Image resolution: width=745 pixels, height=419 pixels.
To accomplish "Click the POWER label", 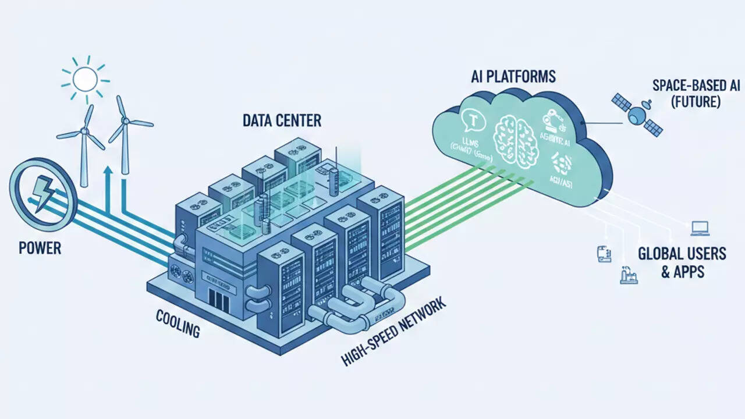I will pos(40,248).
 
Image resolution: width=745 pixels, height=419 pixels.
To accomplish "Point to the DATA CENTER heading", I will pos(282,120).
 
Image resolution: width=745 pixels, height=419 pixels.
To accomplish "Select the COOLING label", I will pos(178,324).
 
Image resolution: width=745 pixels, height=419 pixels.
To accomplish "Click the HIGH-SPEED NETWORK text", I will pos(393,331).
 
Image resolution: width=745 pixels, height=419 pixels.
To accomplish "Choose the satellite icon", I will pos(637,113).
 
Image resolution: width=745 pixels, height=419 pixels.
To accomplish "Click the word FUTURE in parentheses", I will pos(687,102).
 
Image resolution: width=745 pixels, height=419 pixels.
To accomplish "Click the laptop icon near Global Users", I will pos(700,228).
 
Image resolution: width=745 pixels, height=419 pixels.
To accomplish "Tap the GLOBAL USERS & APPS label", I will pos(682,262).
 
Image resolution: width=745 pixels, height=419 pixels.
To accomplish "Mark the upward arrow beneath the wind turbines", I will pos(107,186).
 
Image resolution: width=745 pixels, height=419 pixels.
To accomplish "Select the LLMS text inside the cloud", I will pos(470,144).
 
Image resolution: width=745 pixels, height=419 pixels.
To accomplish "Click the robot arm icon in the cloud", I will pos(550,119).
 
